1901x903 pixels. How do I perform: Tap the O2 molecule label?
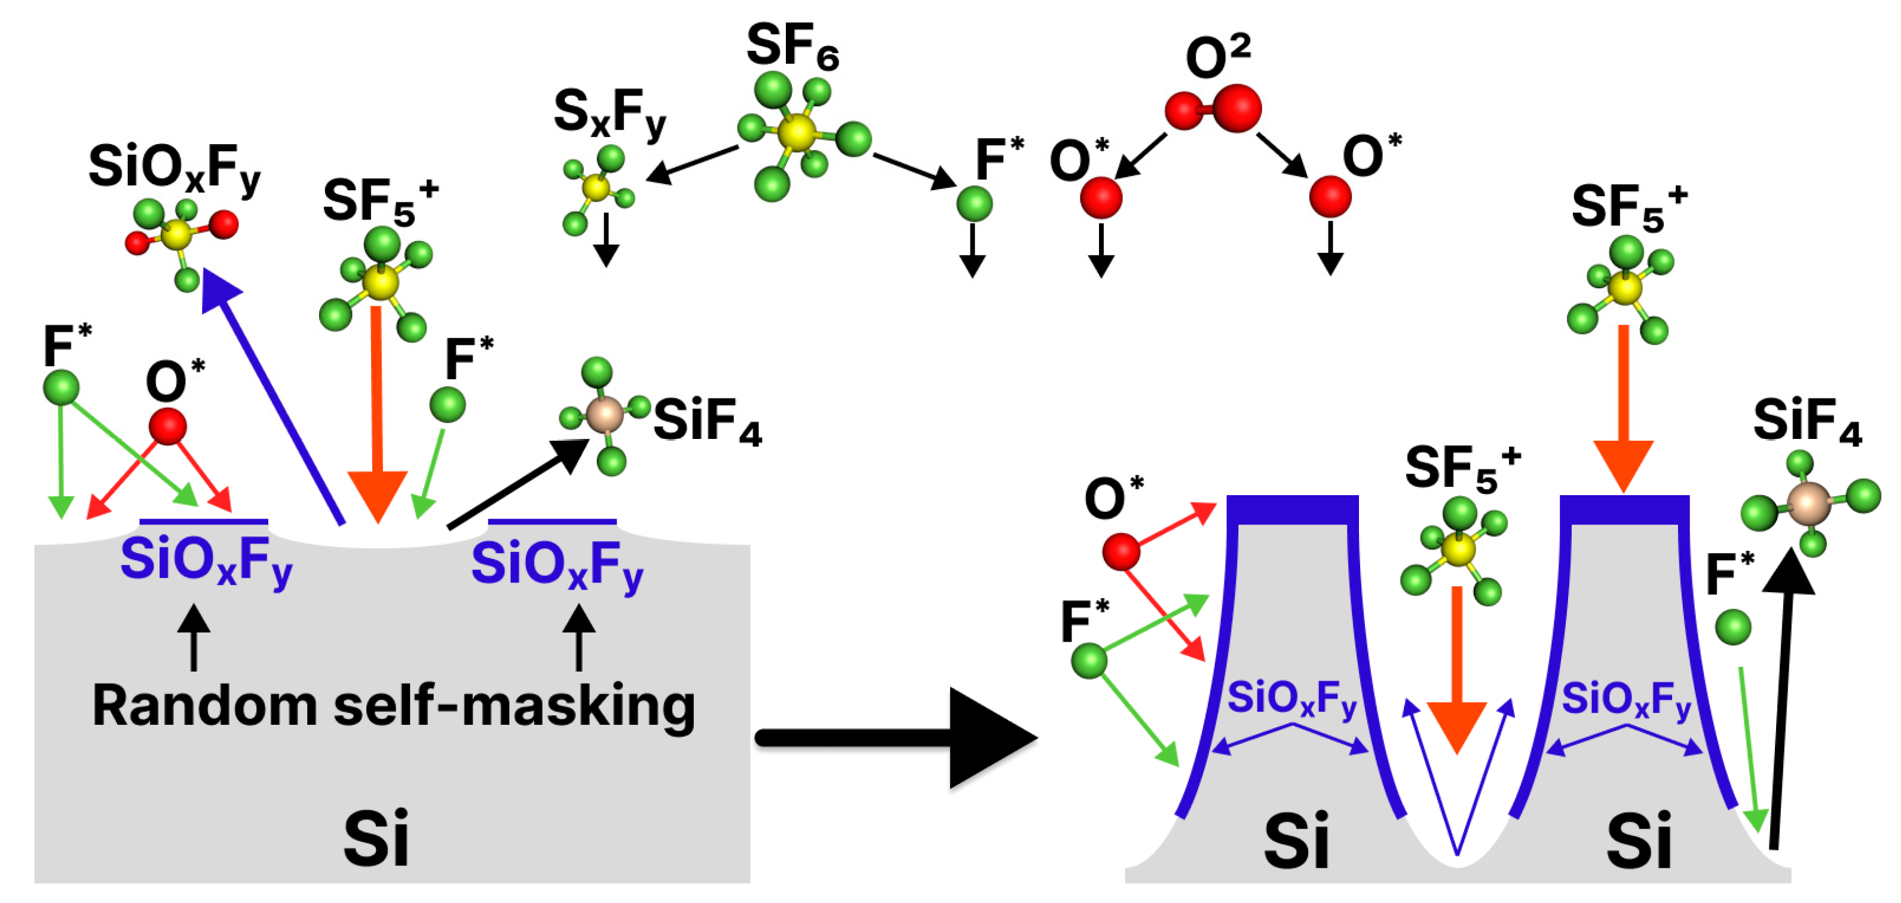click(1218, 57)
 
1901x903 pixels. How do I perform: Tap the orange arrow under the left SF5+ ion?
click(377, 413)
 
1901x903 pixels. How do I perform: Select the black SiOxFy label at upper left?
click(174, 169)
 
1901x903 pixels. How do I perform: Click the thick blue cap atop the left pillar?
click(1292, 510)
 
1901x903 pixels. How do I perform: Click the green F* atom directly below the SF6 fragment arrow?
click(974, 203)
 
